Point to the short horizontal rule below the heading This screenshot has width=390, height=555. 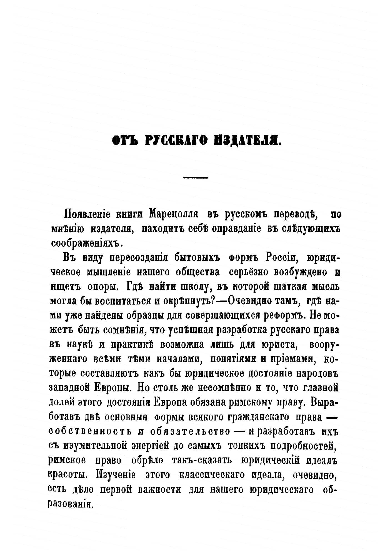coord(196,177)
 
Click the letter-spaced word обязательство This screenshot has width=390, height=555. coord(190,431)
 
